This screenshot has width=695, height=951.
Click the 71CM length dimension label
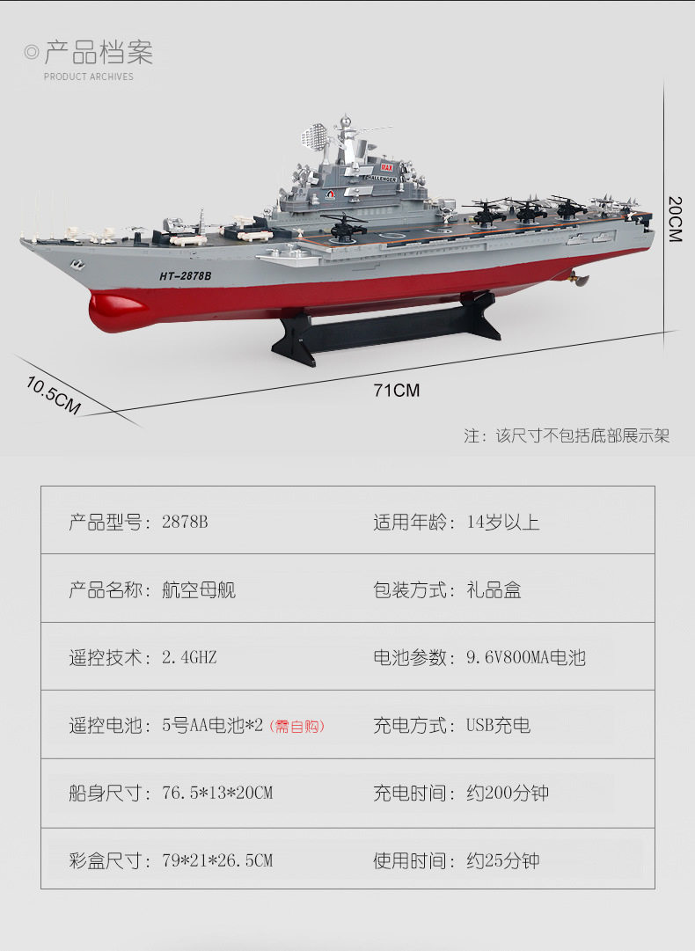396,390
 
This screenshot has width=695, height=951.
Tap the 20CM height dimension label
675,218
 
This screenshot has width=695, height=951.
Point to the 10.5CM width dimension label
53,395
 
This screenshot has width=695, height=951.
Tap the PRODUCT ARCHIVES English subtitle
89,77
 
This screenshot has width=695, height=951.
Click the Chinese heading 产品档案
99,53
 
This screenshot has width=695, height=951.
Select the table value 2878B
185,522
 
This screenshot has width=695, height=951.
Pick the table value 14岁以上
503,522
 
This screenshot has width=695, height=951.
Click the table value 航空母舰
199,589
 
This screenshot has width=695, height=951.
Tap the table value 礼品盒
494,589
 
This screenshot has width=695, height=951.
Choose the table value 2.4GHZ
189,657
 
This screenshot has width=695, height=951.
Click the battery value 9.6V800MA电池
525,657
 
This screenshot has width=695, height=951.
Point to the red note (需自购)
296,726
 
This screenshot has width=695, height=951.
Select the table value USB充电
498,726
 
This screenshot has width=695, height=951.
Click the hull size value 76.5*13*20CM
217,793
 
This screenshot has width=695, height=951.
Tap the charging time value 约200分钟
508,793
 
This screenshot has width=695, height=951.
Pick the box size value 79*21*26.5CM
217,860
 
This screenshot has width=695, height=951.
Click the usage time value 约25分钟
502,860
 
